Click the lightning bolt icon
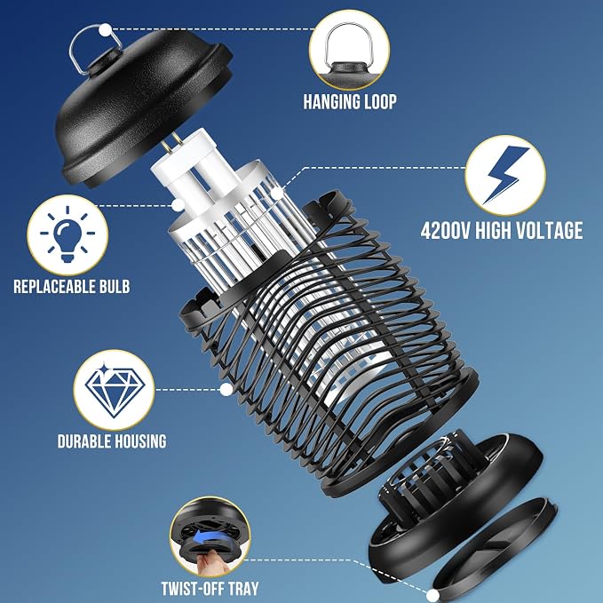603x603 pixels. pos(505,174)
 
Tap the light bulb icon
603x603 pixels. pos(67,234)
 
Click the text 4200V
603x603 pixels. pos(445,231)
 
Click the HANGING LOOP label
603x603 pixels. pos(350,102)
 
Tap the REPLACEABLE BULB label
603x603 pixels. pos(72,287)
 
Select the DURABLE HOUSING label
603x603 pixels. pos(112,441)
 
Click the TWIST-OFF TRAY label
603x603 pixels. pos(210,589)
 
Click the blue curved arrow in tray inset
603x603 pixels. pos(210,536)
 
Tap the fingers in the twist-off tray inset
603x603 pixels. pos(210,563)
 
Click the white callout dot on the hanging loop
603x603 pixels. pos(105,29)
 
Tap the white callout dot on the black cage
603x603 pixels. pos(226,390)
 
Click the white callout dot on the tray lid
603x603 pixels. pos(432,595)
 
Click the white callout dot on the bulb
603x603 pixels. pos(178,205)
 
